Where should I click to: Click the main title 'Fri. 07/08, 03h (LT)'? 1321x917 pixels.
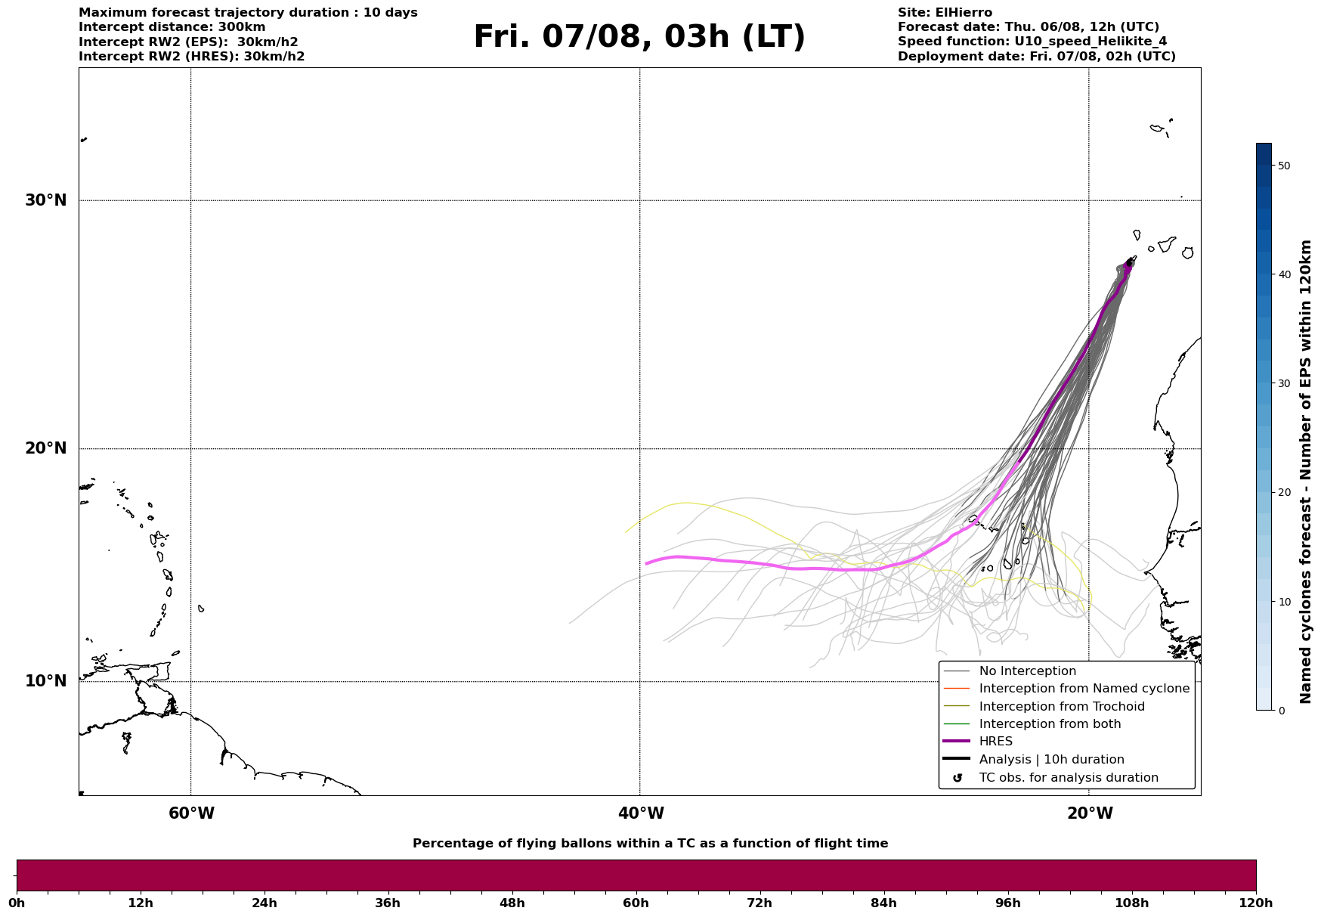coord(639,37)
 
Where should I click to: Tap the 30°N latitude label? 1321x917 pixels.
coord(46,200)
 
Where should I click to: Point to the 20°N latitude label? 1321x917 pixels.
coord(46,448)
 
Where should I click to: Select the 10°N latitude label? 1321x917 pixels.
coord(46,681)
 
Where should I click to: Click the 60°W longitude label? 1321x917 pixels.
coord(191,813)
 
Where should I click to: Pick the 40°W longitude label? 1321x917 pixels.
coord(641,813)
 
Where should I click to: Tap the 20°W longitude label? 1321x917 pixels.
coord(1090,813)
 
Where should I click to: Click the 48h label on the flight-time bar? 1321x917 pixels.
coord(512,903)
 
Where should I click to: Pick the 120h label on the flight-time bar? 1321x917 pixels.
coord(1255,903)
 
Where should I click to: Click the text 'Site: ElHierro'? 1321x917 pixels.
coord(945,13)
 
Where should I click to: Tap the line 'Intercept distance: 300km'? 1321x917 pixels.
coord(172,27)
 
